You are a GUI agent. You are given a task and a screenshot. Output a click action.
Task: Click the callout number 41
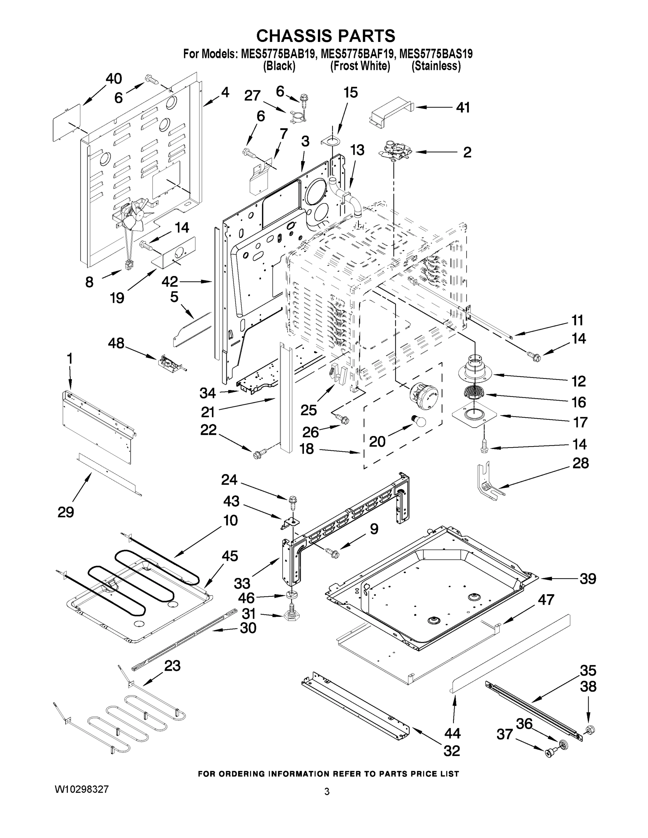(463, 108)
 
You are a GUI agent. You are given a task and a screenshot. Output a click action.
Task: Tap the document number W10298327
(82, 789)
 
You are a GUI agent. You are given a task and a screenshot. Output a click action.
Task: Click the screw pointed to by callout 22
(257, 455)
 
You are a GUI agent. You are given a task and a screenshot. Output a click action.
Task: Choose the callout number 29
(66, 512)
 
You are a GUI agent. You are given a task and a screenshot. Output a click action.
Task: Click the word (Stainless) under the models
(436, 66)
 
